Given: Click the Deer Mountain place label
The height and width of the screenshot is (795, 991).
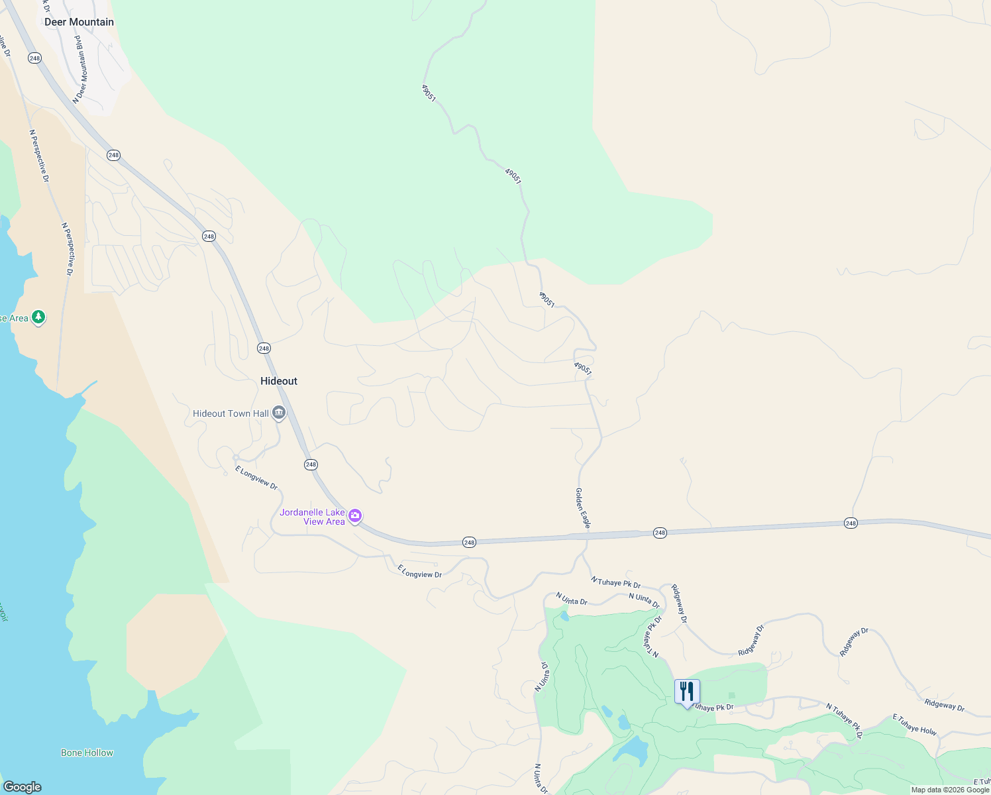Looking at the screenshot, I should pos(79,22).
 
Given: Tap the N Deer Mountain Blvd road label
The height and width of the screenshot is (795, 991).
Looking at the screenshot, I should pos(81,70).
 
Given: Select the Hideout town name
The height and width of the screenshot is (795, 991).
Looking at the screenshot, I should pos(279,381).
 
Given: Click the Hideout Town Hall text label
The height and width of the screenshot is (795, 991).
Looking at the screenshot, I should pos(231,413).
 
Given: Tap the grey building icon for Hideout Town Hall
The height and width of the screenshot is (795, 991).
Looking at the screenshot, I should pos(279,413).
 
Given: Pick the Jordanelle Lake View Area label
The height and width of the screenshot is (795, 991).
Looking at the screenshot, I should pos(313,517).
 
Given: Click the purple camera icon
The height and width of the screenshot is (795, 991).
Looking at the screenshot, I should pos(356,515).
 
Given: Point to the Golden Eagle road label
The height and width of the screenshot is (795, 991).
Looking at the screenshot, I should pos(582,507).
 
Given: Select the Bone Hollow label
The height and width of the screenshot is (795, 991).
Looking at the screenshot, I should pos(87,753).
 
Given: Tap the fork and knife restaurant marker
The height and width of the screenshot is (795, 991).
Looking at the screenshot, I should pos(687,692).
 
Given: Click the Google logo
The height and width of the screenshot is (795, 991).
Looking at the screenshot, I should pos(22,787).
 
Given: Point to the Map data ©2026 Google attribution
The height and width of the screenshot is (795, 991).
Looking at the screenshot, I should pos(950,790).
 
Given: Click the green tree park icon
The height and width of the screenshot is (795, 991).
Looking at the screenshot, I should pos(39,317).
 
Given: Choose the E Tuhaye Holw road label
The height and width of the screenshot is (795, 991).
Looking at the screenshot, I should pos(914,724).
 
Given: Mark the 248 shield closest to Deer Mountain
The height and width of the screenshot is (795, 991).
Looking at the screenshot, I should pos(34,58).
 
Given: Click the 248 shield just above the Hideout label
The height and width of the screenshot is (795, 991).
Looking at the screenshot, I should pos(264,348).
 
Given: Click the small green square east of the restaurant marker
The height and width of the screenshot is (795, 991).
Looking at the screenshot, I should pos(731,695).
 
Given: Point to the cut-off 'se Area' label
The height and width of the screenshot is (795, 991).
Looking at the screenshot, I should pos(14,318).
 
